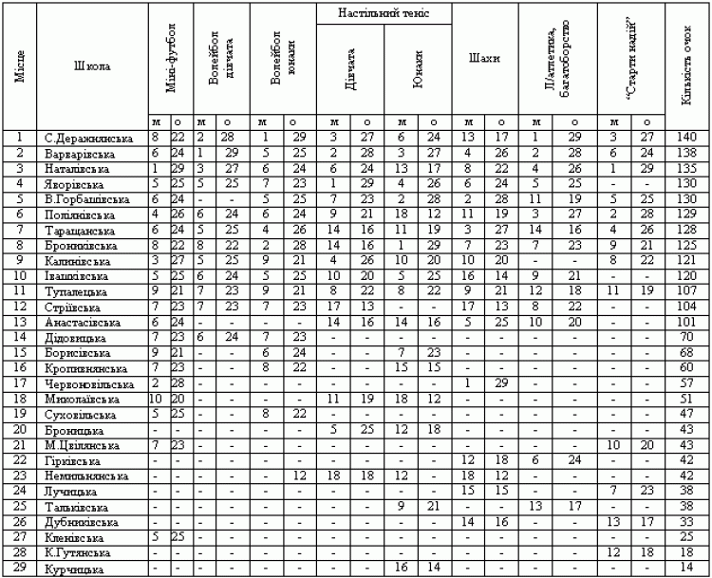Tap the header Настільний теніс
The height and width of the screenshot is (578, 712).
click(384, 13)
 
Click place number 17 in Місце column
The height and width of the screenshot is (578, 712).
click(19, 382)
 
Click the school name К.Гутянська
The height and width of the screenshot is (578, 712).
click(78, 553)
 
